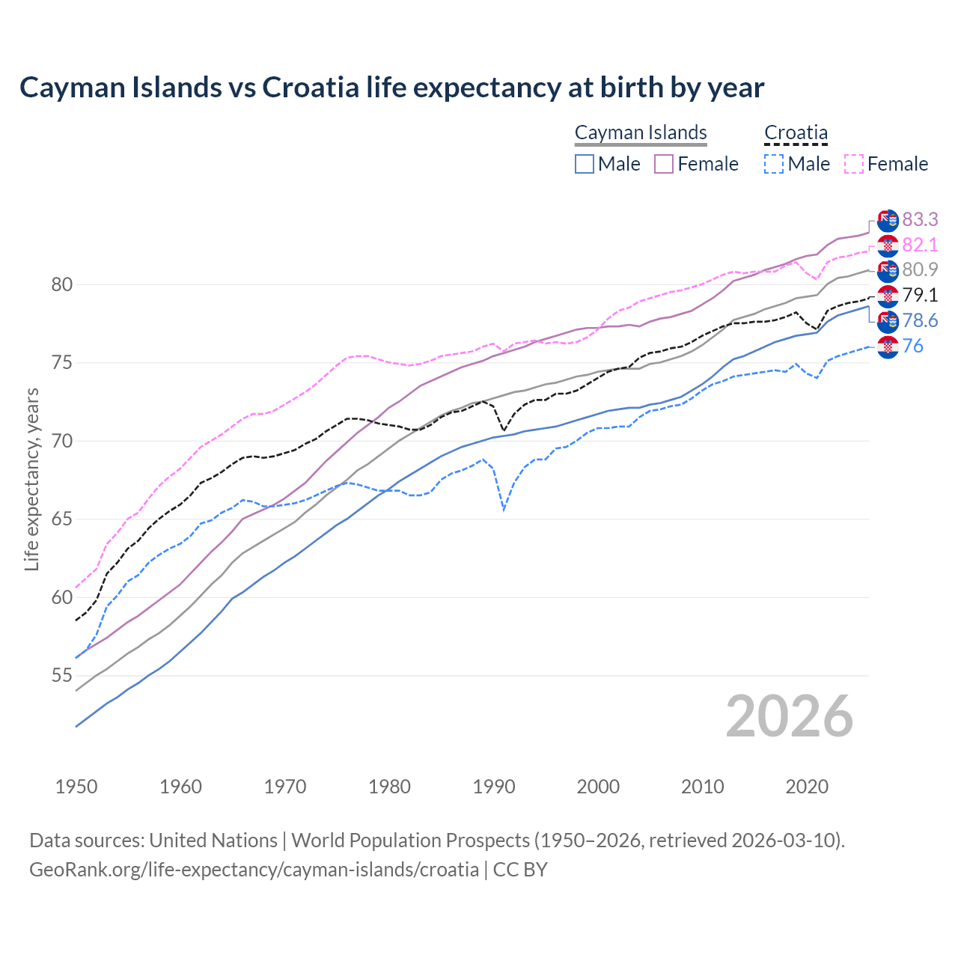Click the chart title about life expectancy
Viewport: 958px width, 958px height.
point(391,88)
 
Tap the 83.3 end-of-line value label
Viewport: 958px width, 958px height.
point(920,219)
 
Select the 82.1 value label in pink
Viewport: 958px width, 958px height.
point(920,245)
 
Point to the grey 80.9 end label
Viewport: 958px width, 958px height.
point(920,269)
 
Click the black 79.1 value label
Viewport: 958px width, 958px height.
point(920,295)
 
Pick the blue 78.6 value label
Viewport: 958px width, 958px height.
point(920,320)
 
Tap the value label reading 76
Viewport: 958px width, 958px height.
point(913,346)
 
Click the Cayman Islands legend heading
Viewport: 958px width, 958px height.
point(641,132)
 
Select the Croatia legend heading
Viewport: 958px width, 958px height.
point(796,132)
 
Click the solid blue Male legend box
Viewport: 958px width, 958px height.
point(585,164)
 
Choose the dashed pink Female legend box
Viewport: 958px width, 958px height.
point(854,164)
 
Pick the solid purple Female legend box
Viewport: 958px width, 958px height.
point(664,164)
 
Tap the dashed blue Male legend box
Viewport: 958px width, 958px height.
point(774,164)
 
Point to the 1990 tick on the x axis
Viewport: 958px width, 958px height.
point(494,787)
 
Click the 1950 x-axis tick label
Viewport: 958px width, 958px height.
point(76,787)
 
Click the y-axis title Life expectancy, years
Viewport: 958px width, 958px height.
point(31,479)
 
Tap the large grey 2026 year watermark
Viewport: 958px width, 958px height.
point(790,716)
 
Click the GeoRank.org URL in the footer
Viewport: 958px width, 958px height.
point(254,869)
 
